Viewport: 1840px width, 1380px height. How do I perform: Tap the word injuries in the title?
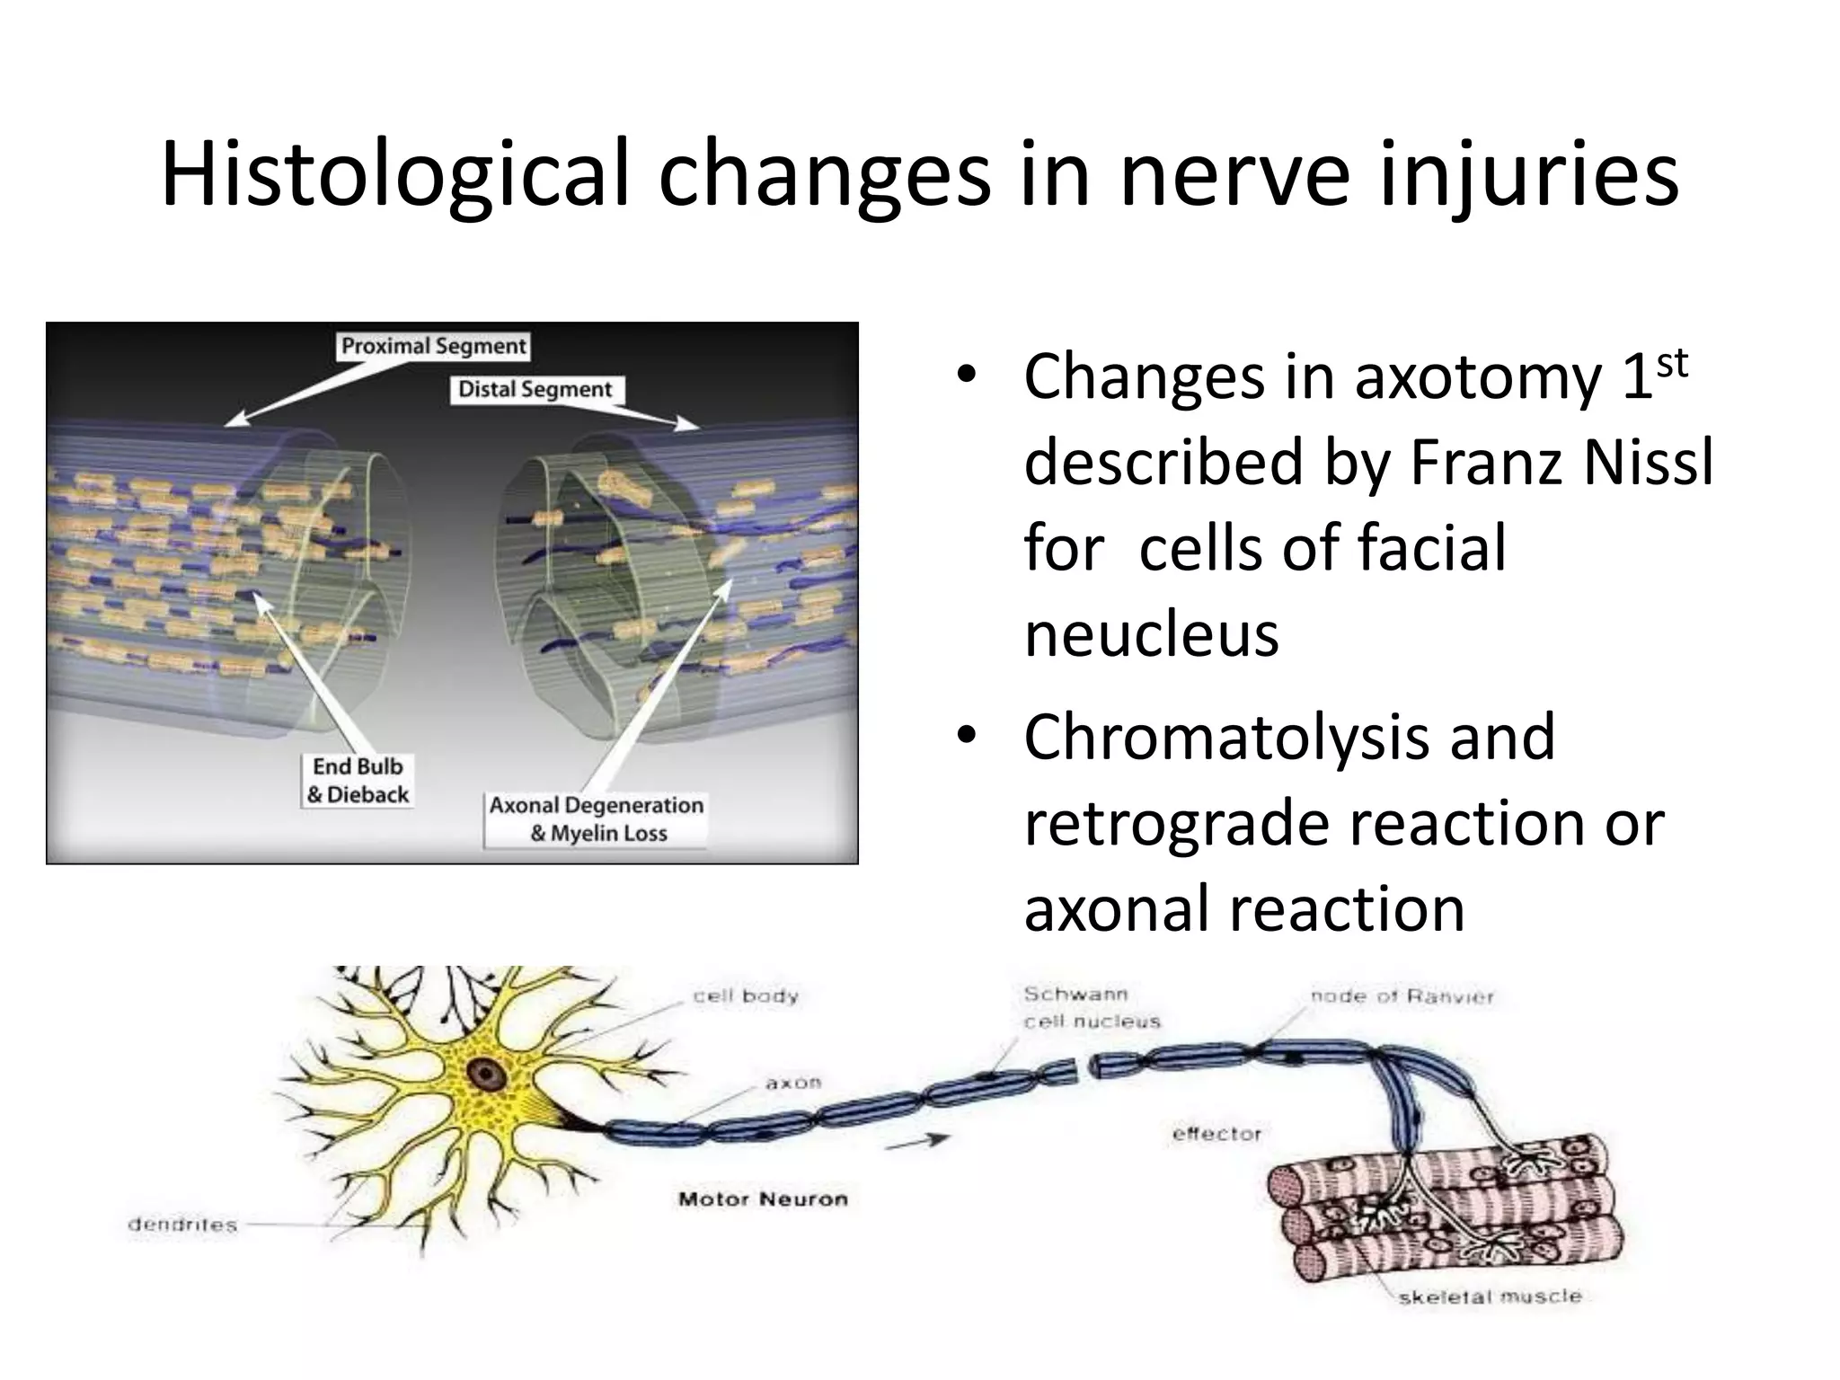click(x=1528, y=175)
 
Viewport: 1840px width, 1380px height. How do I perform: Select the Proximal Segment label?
click(x=434, y=347)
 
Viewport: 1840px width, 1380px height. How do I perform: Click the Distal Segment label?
click(x=535, y=390)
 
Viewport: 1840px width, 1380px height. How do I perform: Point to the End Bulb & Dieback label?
click(x=358, y=781)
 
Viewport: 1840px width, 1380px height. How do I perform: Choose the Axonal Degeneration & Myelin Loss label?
click(x=597, y=819)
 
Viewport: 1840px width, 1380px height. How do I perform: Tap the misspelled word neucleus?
click(x=1151, y=634)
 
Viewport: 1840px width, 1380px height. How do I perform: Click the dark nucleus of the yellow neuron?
click(x=486, y=1073)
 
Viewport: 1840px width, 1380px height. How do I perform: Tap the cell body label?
click(x=746, y=996)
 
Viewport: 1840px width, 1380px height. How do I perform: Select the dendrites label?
click(x=182, y=1225)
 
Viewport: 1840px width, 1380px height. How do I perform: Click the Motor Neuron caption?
click(x=763, y=1199)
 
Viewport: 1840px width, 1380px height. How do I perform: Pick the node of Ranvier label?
click(x=1402, y=996)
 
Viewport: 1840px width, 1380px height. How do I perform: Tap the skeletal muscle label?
click(x=1490, y=1296)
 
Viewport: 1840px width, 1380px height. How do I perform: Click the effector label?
click(x=1217, y=1135)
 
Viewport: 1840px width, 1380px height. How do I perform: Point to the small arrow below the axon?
click(x=917, y=1141)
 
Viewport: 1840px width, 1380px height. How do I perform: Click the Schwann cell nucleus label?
click(x=1092, y=1008)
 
